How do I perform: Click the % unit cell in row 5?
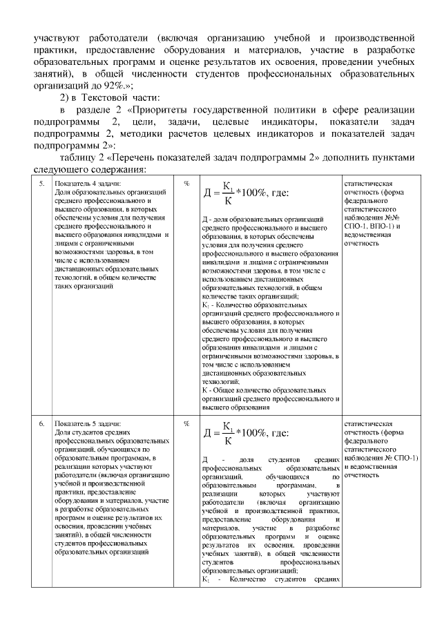click(187, 184)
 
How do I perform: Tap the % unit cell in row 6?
click(187, 423)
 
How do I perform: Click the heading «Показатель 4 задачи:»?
click(87, 184)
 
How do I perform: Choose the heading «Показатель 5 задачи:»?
click(87, 423)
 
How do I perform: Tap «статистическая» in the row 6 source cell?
click(368, 423)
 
